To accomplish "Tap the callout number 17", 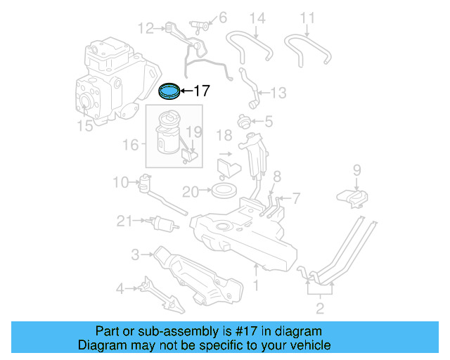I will coord(201,91).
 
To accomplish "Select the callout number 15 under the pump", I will coord(84,127).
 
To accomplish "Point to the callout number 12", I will coord(146,28).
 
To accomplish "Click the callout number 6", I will coord(222,17).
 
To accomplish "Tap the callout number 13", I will coord(278,92).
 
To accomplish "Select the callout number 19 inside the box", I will coord(194,131).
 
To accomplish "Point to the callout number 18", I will coord(224,135).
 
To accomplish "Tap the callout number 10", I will coord(120,183).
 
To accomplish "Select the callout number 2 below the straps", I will coord(320,308).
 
